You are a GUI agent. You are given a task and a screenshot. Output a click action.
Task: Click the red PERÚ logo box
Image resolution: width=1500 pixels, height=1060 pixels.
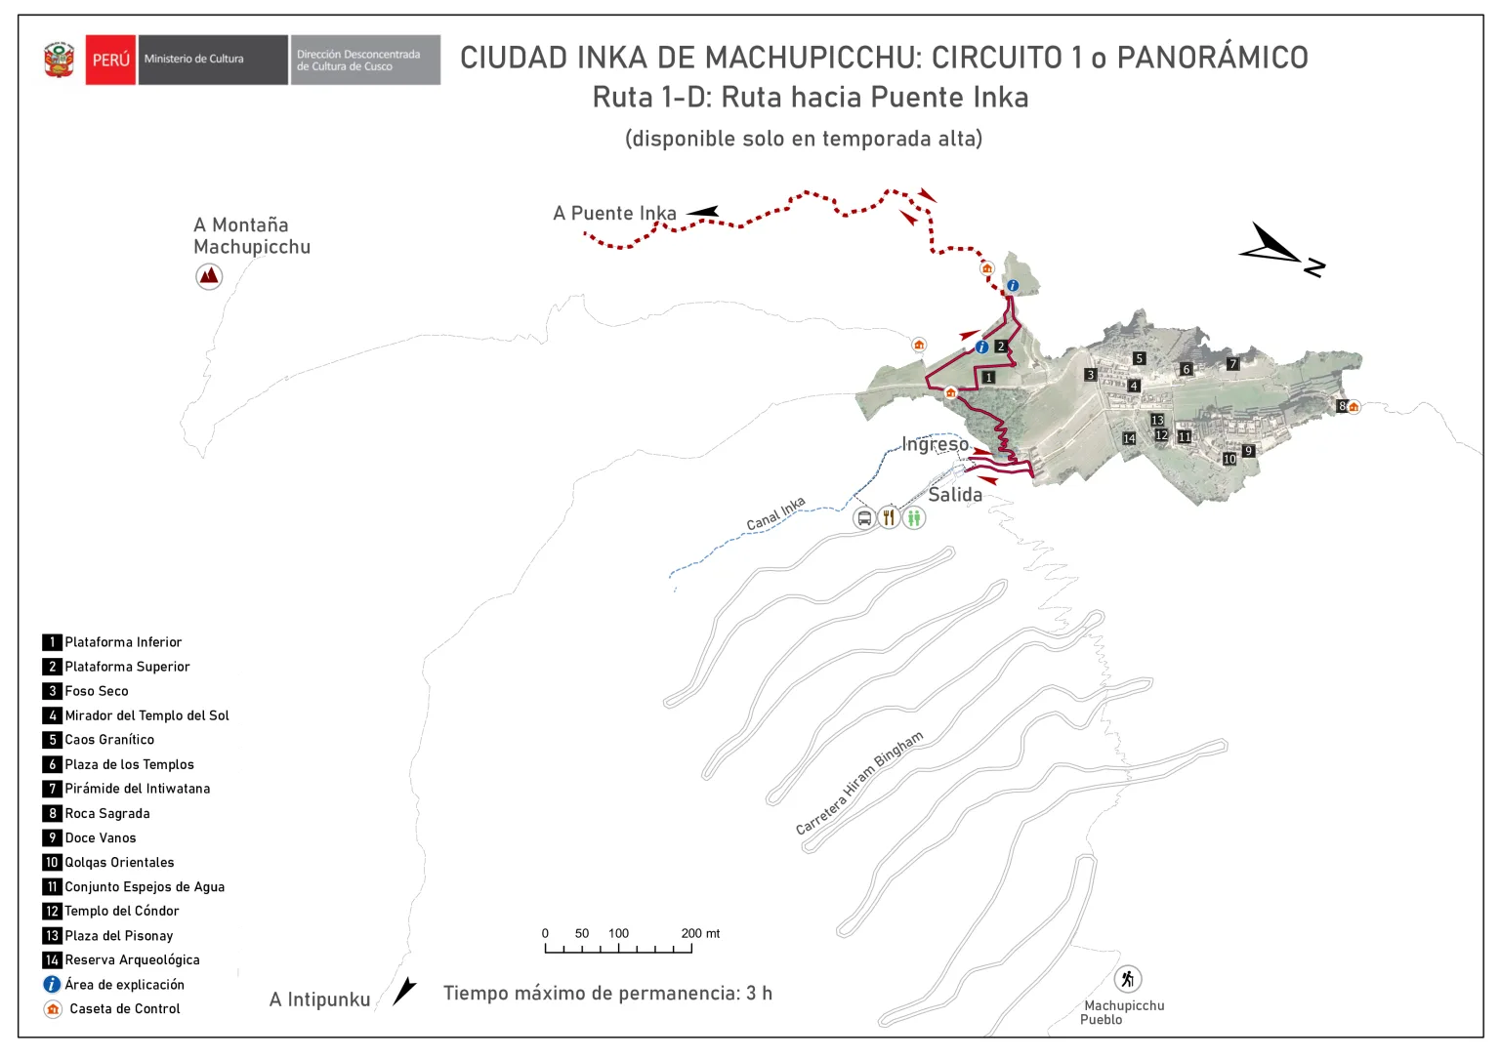pos(110,60)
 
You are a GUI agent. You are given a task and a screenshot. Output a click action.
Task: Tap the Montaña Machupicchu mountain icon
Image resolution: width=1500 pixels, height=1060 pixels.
pos(208,276)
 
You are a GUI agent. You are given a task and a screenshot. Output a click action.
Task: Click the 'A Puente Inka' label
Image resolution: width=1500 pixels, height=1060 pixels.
pos(614,213)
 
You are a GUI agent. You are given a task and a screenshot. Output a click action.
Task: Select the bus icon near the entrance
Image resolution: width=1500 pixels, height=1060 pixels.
pos(864,517)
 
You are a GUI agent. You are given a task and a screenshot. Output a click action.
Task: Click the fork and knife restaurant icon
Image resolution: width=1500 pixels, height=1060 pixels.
pos(889,517)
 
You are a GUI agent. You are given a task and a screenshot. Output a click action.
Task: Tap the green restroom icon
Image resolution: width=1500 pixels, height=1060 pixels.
pos(913,517)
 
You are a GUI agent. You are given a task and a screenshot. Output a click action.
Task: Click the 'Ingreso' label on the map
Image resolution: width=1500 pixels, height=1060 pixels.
pos(935,445)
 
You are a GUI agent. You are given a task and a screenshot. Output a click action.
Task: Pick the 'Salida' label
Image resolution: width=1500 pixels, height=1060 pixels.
pos(955,495)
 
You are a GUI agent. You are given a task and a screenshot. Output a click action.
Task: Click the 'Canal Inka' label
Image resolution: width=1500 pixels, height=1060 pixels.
pos(775,514)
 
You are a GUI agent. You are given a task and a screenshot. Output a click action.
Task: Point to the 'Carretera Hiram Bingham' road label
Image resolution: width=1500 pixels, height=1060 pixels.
pos(858,783)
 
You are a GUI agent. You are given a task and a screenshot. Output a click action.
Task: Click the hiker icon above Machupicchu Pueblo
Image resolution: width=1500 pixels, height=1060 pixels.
pos(1128,978)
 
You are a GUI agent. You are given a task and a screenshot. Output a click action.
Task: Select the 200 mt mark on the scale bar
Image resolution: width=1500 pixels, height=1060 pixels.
pos(691,946)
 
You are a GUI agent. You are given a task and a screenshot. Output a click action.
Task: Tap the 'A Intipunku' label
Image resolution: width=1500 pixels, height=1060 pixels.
pos(319,999)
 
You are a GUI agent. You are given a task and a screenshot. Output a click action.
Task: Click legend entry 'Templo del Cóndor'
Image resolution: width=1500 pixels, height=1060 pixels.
pos(121,911)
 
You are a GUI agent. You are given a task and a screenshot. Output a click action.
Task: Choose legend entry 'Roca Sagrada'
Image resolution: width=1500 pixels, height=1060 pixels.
pos(106,813)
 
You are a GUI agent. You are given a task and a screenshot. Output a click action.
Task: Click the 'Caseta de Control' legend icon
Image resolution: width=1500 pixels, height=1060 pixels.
pos(53,1008)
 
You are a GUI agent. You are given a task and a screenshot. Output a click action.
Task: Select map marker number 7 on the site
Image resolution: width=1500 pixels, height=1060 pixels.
pos(1232,364)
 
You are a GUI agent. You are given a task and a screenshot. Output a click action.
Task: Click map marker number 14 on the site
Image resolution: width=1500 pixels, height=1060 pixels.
pos(1129,438)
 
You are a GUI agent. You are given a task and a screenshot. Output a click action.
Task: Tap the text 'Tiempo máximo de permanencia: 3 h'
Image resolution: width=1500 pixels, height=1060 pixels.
pos(607,994)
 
